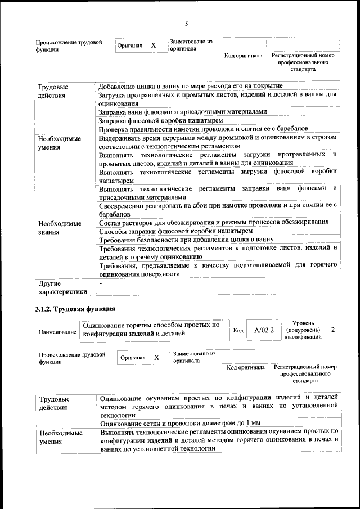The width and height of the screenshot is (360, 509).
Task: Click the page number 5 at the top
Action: point(186,23)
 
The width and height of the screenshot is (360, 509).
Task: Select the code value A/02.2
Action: point(263,330)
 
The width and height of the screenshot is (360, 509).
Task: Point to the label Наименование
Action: point(57,332)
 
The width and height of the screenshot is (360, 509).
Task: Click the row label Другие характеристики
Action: point(62,287)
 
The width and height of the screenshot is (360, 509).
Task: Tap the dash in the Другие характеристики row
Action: point(100,284)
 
